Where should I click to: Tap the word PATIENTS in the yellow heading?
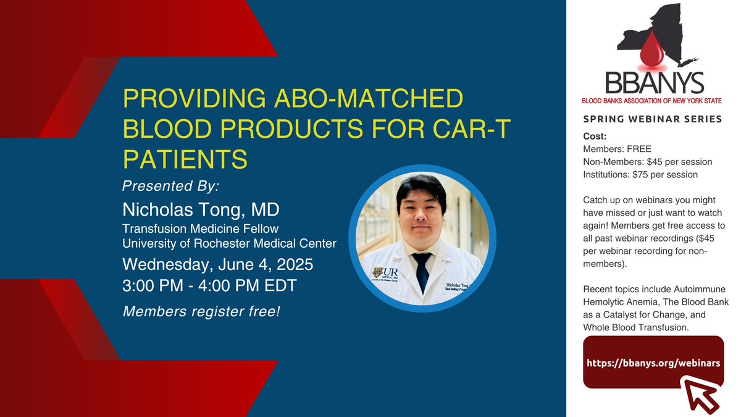(x=185, y=159)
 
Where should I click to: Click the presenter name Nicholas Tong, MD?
(x=201, y=209)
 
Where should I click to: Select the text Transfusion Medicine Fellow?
(x=201, y=229)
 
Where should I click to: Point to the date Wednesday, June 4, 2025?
(x=217, y=265)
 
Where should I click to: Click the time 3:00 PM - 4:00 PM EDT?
(x=209, y=285)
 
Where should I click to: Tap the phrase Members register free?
(x=201, y=311)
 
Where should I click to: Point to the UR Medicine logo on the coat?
(x=385, y=274)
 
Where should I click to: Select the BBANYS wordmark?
(x=655, y=83)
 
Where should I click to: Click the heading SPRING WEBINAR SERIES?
(x=652, y=119)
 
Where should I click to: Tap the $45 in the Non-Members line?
(x=655, y=162)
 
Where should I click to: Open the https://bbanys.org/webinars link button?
(x=653, y=363)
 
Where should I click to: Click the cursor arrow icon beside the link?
(x=700, y=395)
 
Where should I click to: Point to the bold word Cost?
(x=595, y=137)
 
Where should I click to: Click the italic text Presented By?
(x=170, y=186)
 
